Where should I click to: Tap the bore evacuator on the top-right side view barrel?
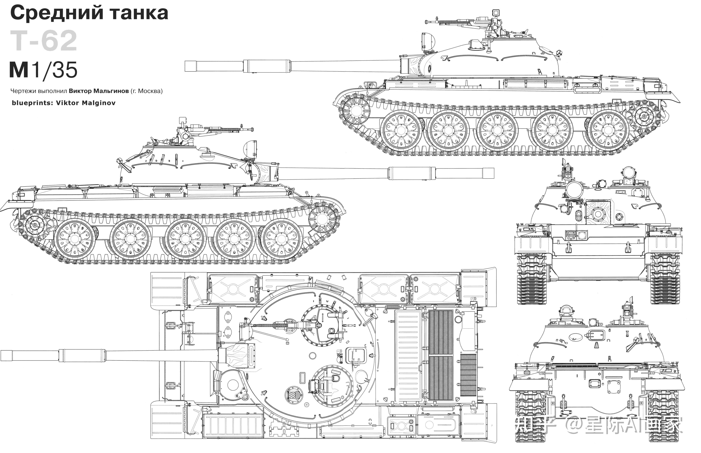[267, 66]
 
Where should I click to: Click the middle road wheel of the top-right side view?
[497, 130]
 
